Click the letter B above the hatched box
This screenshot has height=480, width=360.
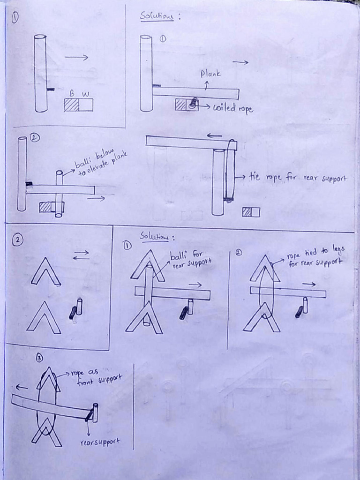click(x=72, y=94)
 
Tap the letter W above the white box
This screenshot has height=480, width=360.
click(x=85, y=94)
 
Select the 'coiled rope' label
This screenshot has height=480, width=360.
click(x=233, y=108)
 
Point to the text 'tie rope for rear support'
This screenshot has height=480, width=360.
click(x=298, y=178)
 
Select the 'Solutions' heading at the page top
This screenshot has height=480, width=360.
click(x=157, y=16)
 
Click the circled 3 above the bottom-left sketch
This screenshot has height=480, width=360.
click(x=39, y=359)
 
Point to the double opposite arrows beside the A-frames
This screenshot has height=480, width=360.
click(x=81, y=255)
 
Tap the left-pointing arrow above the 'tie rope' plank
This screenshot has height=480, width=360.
click(x=215, y=136)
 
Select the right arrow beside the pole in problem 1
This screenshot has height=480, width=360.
click(x=76, y=58)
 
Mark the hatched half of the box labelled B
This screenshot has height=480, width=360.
click(x=71, y=105)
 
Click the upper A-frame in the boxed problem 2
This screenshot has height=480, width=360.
click(x=45, y=272)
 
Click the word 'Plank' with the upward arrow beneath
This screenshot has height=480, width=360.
click(x=210, y=74)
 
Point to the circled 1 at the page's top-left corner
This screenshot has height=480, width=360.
click(x=15, y=18)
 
